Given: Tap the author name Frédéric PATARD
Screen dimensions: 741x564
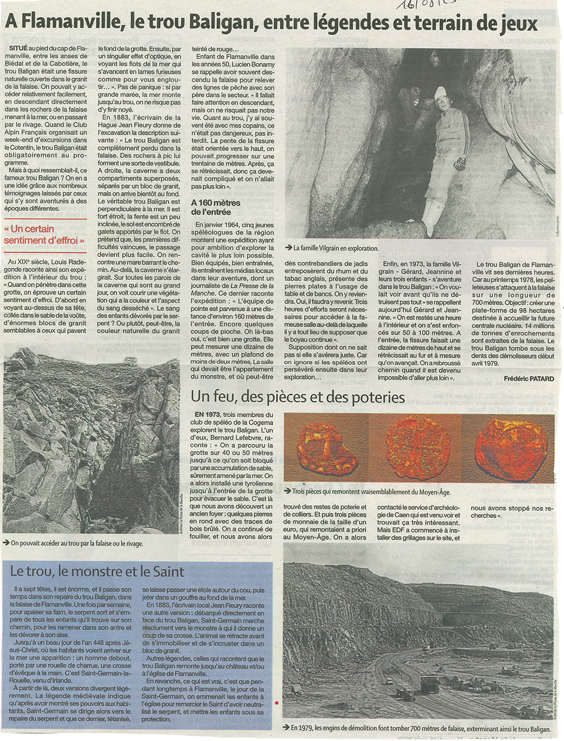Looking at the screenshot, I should [x=528, y=378].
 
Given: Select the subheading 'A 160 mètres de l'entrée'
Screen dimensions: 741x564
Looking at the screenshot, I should [x=215, y=207].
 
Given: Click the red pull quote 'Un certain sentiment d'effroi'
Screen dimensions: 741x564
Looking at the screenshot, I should [x=44, y=235].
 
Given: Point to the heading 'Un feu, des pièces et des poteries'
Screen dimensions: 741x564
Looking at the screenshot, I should [x=298, y=397].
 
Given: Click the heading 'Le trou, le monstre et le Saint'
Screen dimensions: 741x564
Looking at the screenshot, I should [x=96, y=571].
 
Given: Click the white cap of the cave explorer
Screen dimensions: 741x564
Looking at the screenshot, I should [x=440, y=92].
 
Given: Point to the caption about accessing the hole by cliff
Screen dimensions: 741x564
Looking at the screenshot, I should [x=77, y=543].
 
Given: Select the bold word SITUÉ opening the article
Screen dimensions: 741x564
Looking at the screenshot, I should [x=19, y=49].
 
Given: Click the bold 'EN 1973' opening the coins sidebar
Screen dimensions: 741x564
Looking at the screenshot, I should [x=207, y=414].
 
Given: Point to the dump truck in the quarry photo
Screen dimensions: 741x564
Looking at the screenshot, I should [x=429, y=685].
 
